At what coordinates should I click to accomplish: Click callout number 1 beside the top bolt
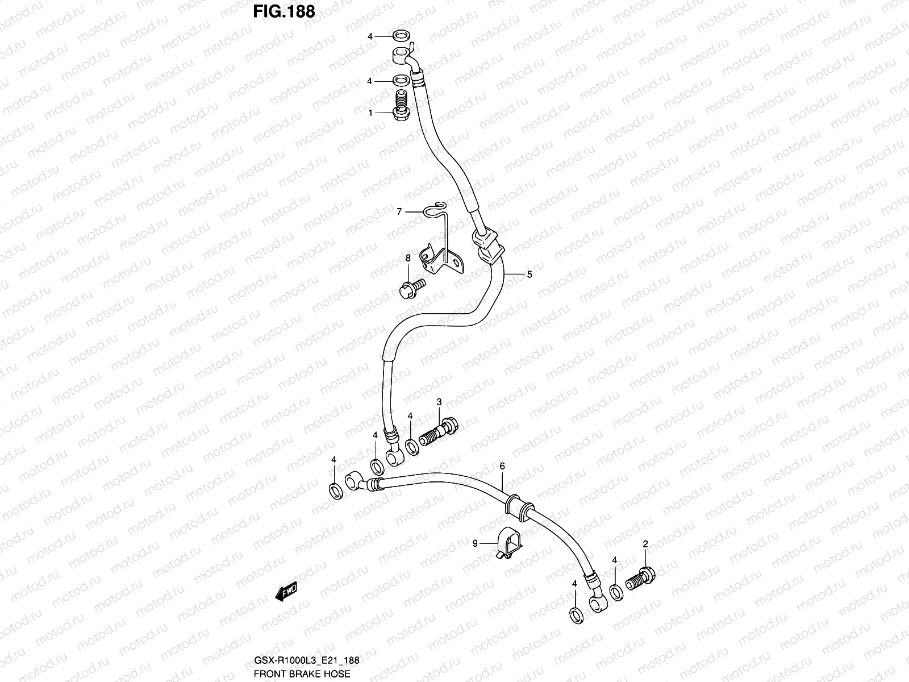[x=370, y=113]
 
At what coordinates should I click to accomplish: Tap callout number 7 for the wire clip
[x=399, y=211]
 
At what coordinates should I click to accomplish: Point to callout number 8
[x=407, y=258]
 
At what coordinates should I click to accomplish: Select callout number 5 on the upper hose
[x=529, y=275]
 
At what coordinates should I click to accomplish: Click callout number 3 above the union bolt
[x=439, y=402]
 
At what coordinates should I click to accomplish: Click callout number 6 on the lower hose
[x=502, y=466]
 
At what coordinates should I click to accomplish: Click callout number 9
[x=475, y=544]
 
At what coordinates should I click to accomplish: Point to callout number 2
[x=645, y=544]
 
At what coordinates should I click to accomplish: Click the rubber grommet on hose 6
[x=519, y=505]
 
